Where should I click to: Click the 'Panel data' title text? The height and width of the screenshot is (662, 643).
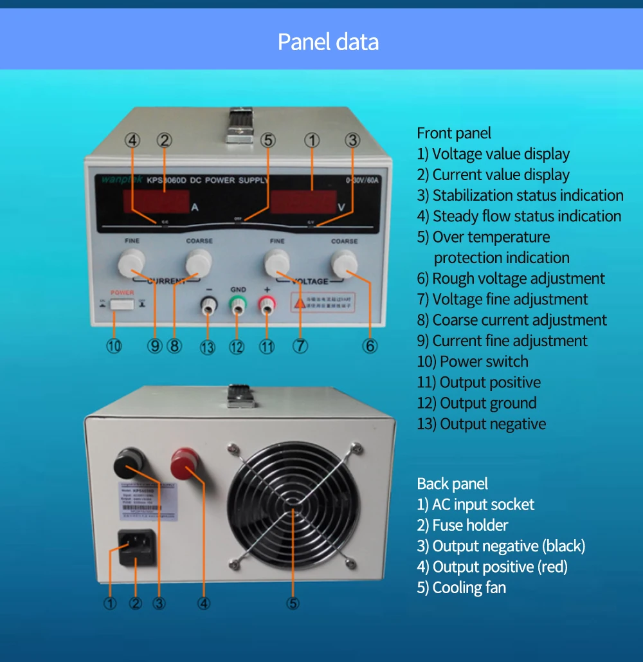[x=328, y=42]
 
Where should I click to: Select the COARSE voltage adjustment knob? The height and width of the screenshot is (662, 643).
[x=344, y=262]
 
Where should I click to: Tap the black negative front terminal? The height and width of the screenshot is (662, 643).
[x=208, y=308]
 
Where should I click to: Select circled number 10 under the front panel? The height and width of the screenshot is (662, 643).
[x=114, y=345]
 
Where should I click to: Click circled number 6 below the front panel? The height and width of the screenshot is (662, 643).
[x=370, y=345]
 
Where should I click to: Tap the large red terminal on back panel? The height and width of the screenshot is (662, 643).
[x=184, y=463]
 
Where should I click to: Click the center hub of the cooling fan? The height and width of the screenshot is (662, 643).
[x=293, y=511]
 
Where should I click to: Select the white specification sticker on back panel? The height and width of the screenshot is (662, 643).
[x=147, y=500]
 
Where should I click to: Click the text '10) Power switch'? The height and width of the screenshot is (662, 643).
[x=473, y=362]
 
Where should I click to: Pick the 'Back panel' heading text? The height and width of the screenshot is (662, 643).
[x=452, y=484]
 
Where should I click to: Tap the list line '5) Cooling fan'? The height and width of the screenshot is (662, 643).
[x=461, y=587]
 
